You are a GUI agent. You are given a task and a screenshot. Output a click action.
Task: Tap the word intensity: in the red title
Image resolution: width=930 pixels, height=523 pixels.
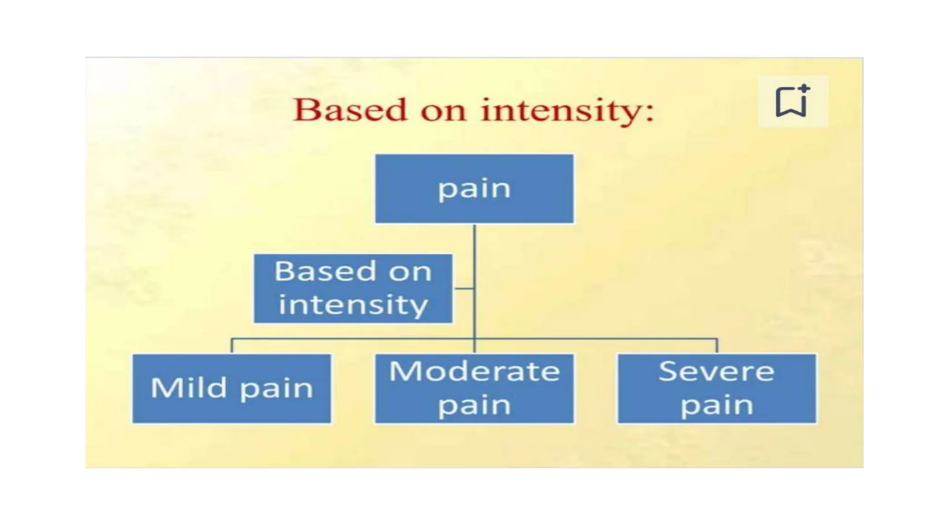[x=567, y=110]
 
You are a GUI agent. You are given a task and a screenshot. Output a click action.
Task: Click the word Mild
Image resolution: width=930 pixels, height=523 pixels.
[x=188, y=388]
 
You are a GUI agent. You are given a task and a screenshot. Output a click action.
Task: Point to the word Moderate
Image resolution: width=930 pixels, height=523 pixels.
[x=474, y=371]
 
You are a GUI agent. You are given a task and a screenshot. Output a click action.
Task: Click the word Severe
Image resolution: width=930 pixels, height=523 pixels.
[x=717, y=371]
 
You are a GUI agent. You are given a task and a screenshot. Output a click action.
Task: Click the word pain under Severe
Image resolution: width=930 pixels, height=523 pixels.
[x=717, y=405]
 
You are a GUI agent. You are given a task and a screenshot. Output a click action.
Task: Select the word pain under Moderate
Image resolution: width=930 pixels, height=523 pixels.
[x=474, y=405]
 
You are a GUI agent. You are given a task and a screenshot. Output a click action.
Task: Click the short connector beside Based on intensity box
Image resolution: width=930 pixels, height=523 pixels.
[x=463, y=288]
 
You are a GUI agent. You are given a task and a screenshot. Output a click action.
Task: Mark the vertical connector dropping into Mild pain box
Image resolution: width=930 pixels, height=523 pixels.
[x=232, y=346]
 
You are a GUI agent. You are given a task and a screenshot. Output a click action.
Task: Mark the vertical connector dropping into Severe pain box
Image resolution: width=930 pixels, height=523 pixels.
[x=717, y=346]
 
